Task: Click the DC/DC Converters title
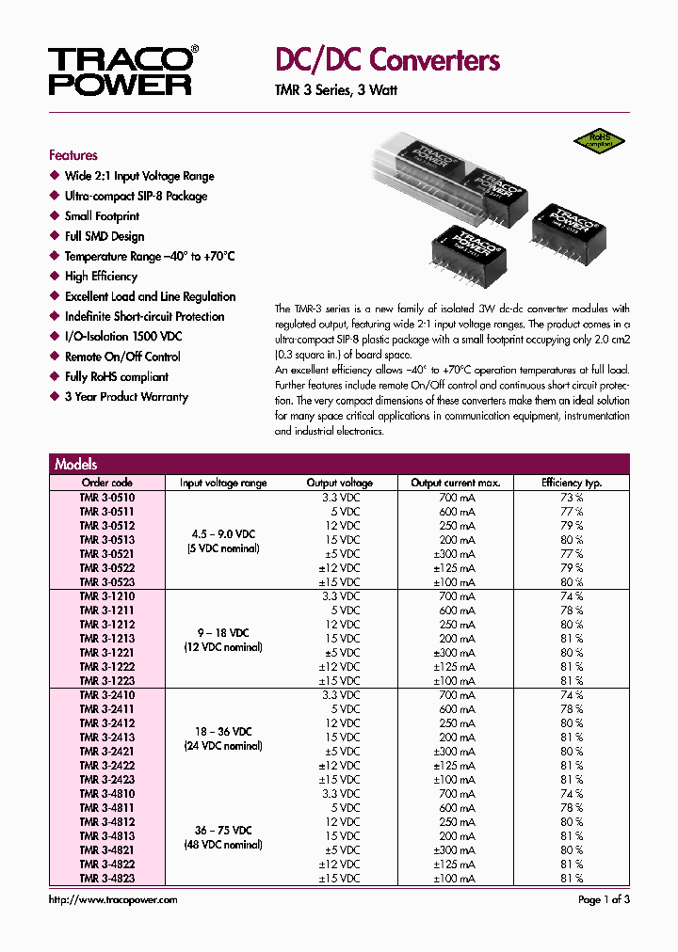[386, 60]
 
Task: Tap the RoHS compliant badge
[600, 140]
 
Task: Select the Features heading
[73, 155]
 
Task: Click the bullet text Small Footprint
[104, 216]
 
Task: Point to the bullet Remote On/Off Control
[122, 357]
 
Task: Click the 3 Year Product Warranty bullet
[126, 397]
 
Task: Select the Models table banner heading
[76, 464]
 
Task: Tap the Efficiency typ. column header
[572, 483]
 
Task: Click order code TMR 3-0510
[106, 498]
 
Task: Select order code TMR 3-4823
[106, 879]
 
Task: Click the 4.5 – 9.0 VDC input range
[223, 533]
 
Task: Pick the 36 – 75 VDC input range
[223, 830]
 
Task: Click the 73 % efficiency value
[572, 498]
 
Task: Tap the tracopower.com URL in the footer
[113, 900]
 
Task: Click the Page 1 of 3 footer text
[604, 900]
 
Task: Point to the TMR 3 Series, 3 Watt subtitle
[335, 90]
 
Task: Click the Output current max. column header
[456, 483]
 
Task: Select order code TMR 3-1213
[106, 639]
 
